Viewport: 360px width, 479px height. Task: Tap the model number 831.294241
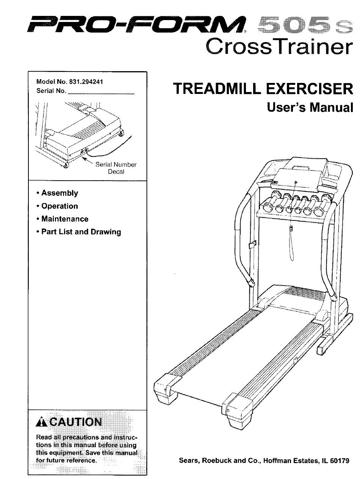86,82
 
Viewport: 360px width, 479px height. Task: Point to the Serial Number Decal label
116,168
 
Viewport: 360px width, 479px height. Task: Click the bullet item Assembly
59,193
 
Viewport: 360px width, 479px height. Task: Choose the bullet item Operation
59,206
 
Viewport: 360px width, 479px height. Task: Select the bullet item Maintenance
64,219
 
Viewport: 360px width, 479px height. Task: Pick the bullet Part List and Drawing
81,232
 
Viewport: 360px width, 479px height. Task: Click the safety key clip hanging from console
291,229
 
